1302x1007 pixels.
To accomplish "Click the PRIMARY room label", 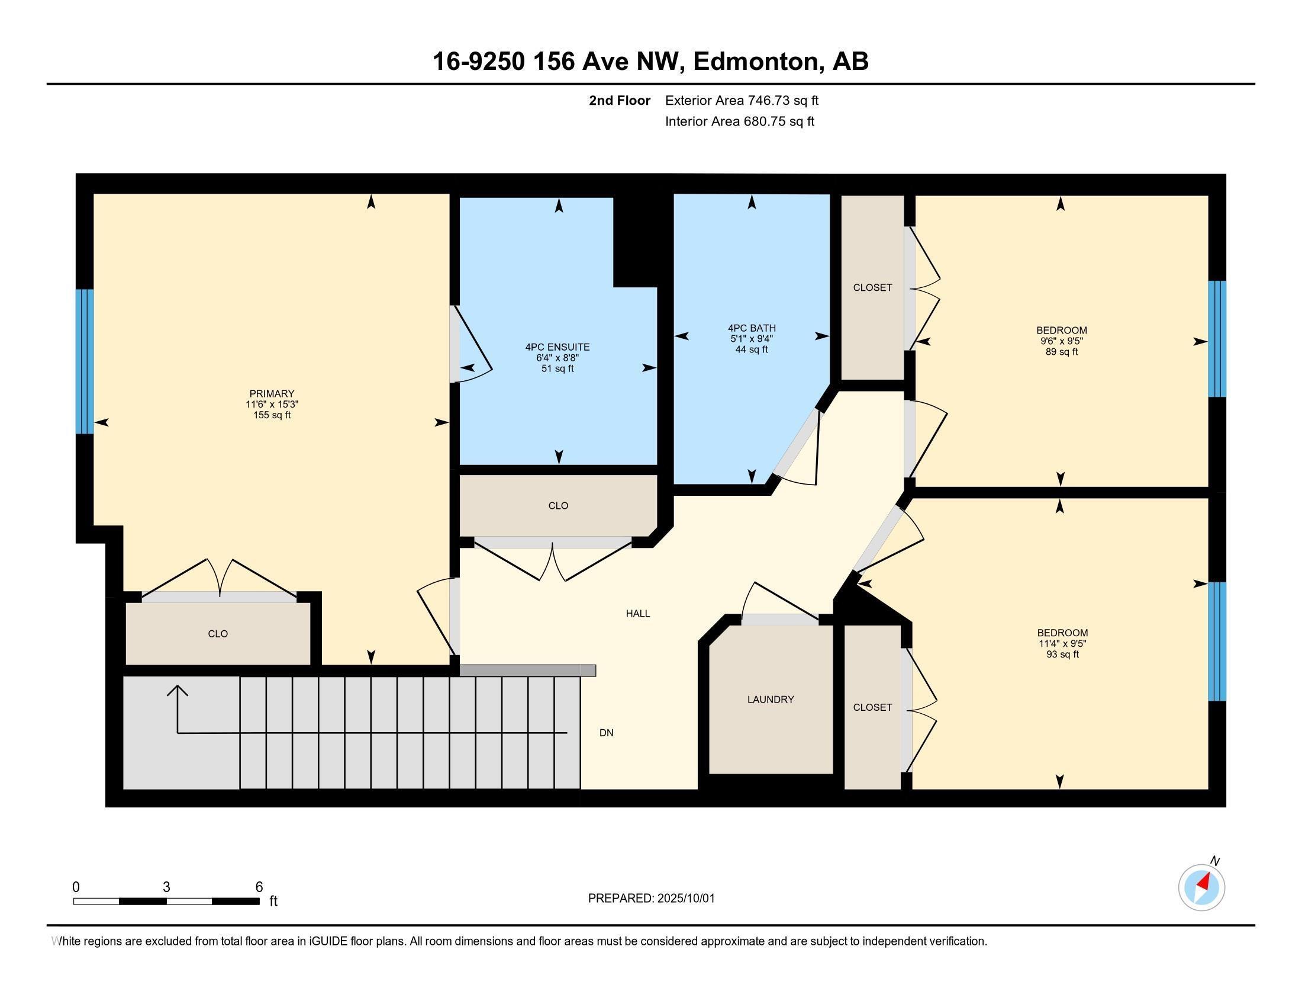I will pos(272,394).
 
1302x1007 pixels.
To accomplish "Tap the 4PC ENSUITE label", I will pos(557,347).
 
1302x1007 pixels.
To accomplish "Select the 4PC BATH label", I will pos(752,328).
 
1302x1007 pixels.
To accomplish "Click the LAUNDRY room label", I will pos(770,699).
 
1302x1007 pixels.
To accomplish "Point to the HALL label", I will pos(638,613).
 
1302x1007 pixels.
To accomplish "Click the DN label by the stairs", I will pos(606,733).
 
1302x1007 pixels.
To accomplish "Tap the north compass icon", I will pos(1201,887).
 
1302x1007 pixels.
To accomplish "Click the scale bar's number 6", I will pos(259,887).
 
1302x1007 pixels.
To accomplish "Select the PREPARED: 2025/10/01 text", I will pos(651,899).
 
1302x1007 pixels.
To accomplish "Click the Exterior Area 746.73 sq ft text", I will pos(742,100).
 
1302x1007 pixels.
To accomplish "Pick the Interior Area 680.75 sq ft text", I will pos(739,121).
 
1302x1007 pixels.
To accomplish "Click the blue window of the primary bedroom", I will pos(85,361).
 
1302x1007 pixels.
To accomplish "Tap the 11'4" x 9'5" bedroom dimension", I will pos(1062,644).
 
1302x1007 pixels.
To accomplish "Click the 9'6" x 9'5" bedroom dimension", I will pos(1061,341).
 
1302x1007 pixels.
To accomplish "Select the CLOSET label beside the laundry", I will pos(872,707).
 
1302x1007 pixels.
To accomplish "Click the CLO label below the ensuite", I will pos(558,506).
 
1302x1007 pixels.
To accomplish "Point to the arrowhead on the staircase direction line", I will pos(178,691).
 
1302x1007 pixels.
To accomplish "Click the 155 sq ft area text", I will pos(272,415).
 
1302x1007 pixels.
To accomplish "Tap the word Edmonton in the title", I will pos(756,62).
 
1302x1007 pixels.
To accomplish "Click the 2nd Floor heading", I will pos(620,100).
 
